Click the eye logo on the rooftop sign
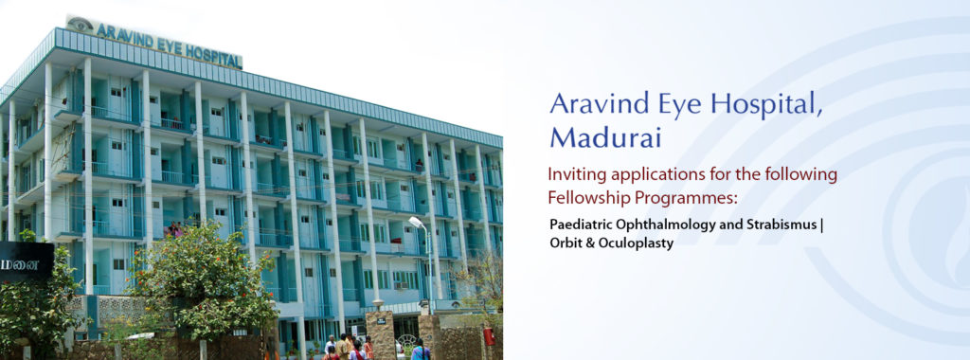point(80,25)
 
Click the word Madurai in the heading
point(605,136)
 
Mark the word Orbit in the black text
point(565,243)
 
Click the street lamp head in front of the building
point(416,222)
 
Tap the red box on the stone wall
point(489,336)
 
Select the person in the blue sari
point(421,351)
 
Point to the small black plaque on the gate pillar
point(381,321)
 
